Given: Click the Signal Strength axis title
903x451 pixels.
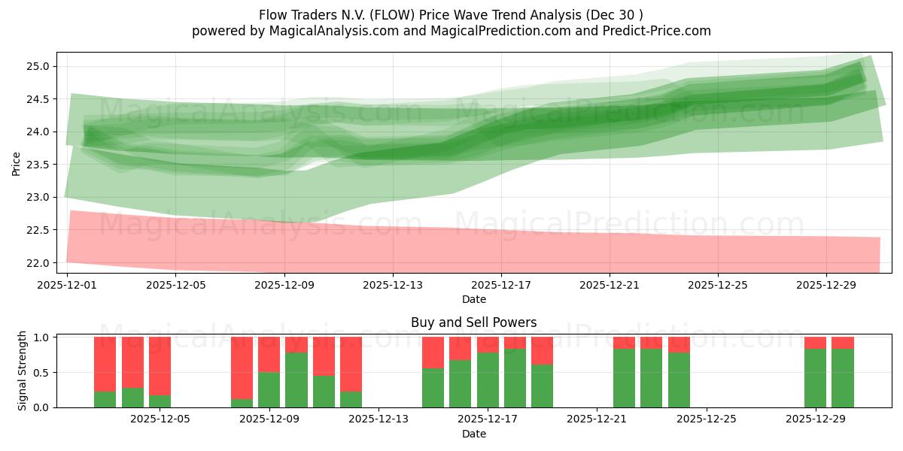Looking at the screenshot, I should pyautogui.click(x=23, y=371).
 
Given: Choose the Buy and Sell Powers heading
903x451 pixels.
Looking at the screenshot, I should pyautogui.click(x=473, y=322).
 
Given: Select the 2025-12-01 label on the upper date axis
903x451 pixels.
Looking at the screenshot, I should pyautogui.click(x=67, y=286).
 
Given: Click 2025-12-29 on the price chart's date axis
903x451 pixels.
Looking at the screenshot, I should pyautogui.click(x=826, y=286).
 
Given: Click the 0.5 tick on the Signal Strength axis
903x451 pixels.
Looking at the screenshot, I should pyautogui.click(x=40, y=372).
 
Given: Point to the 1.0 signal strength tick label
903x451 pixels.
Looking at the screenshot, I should pyautogui.click(x=40, y=337).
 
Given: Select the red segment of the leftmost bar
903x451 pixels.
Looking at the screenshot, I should pyautogui.click(x=105, y=364).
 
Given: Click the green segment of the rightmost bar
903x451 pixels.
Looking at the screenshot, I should pyautogui.click(x=843, y=378).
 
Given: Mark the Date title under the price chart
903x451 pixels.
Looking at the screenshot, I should pyautogui.click(x=473, y=299).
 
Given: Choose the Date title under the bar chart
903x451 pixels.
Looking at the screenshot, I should pyautogui.click(x=473, y=434).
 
